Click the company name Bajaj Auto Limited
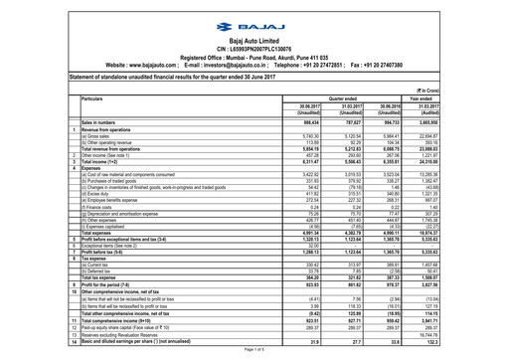click(x=255, y=35)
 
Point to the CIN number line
click(x=255, y=42)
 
